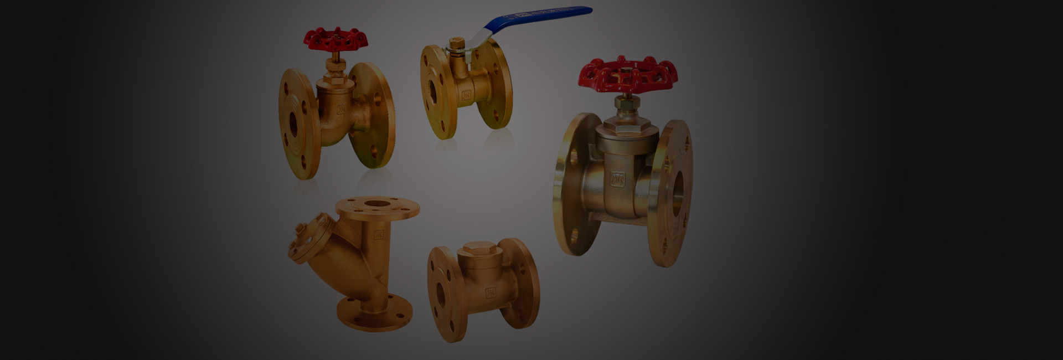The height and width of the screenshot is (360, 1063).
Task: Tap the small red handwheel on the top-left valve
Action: click(336, 39)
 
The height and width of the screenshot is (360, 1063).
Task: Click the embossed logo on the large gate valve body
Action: click(617, 178)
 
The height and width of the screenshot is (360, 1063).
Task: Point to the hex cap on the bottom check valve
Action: click(479, 249)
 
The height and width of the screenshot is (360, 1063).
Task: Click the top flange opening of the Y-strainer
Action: click(378, 204)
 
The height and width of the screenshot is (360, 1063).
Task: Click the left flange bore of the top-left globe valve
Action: click(293, 127)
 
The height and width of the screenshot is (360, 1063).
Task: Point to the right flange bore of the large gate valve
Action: click(677, 191)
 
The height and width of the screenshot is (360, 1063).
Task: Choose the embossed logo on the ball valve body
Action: click(466, 95)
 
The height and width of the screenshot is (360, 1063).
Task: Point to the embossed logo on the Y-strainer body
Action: click(379, 235)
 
